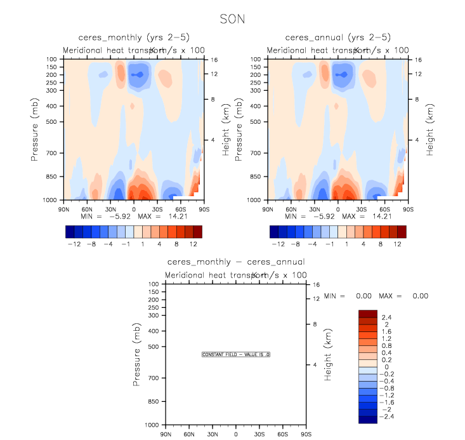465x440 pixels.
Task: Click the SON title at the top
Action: point(232,19)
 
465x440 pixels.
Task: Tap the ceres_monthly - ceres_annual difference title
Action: point(236,262)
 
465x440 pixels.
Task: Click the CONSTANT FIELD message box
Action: point(236,354)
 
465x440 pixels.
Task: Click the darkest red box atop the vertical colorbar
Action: point(367,313)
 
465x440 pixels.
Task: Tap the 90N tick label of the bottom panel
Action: point(166,434)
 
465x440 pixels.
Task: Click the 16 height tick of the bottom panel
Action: point(315,284)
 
